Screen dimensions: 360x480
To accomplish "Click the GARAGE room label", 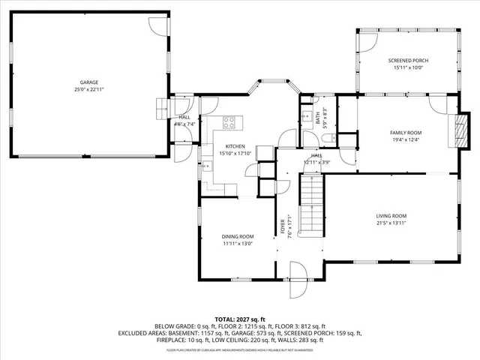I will pos(89,82).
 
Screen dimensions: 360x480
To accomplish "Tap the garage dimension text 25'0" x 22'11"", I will pos(89,89).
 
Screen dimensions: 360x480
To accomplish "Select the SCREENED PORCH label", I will pos(408,60).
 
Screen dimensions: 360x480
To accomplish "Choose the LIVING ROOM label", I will pos(391,216).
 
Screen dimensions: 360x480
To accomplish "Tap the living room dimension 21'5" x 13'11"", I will pos(391,223).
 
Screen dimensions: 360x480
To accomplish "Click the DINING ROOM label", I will pos(237,236).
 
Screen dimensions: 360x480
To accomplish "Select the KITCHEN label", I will pos(235,146).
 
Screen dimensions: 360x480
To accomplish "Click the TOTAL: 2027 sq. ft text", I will pos(240,318).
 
